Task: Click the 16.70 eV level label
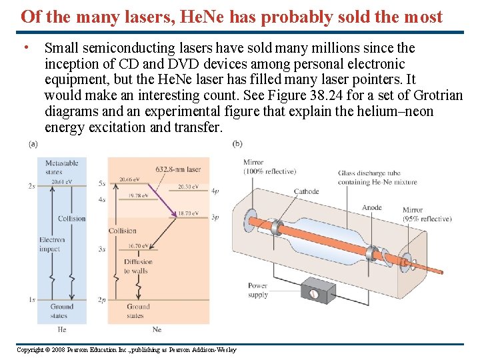[137, 246]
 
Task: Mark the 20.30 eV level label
[188, 187]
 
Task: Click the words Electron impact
[52, 244]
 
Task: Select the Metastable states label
[62, 167]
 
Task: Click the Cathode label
[307, 191]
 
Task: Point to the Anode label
[371, 207]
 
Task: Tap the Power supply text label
[258, 290]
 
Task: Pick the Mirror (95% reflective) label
[427, 215]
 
